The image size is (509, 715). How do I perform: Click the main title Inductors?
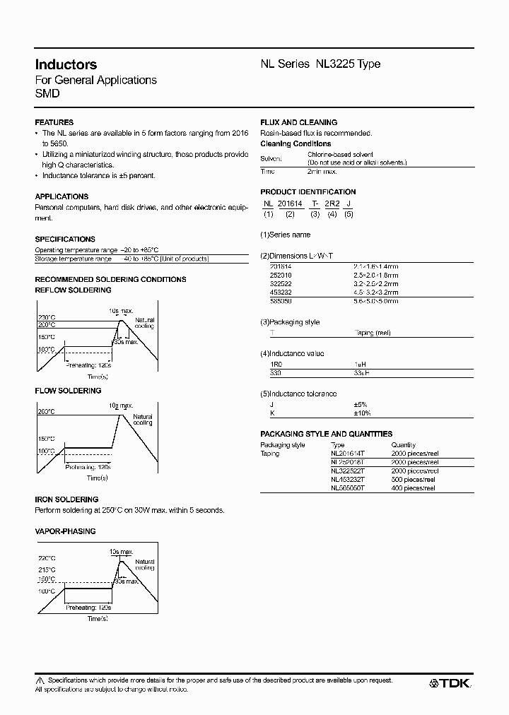tap(66, 64)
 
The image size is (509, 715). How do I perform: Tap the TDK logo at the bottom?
tap(450, 683)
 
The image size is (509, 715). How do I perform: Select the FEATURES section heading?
tap(54, 122)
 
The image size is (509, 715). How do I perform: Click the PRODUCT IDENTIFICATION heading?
tap(308, 191)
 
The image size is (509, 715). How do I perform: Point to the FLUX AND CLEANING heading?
tap(298, 122)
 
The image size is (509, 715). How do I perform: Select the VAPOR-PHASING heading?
tap(65, 531)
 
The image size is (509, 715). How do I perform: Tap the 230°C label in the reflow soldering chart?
tap(47, 317)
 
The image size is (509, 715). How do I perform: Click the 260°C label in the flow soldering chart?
tap(47, 411)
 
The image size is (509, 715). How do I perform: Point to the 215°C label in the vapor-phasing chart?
tap(47, 569)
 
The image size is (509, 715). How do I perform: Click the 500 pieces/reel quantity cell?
tap(414, 479)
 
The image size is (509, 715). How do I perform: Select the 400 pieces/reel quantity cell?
tap(414, 487)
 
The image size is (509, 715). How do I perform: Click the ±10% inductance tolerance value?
tap(362, 413)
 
